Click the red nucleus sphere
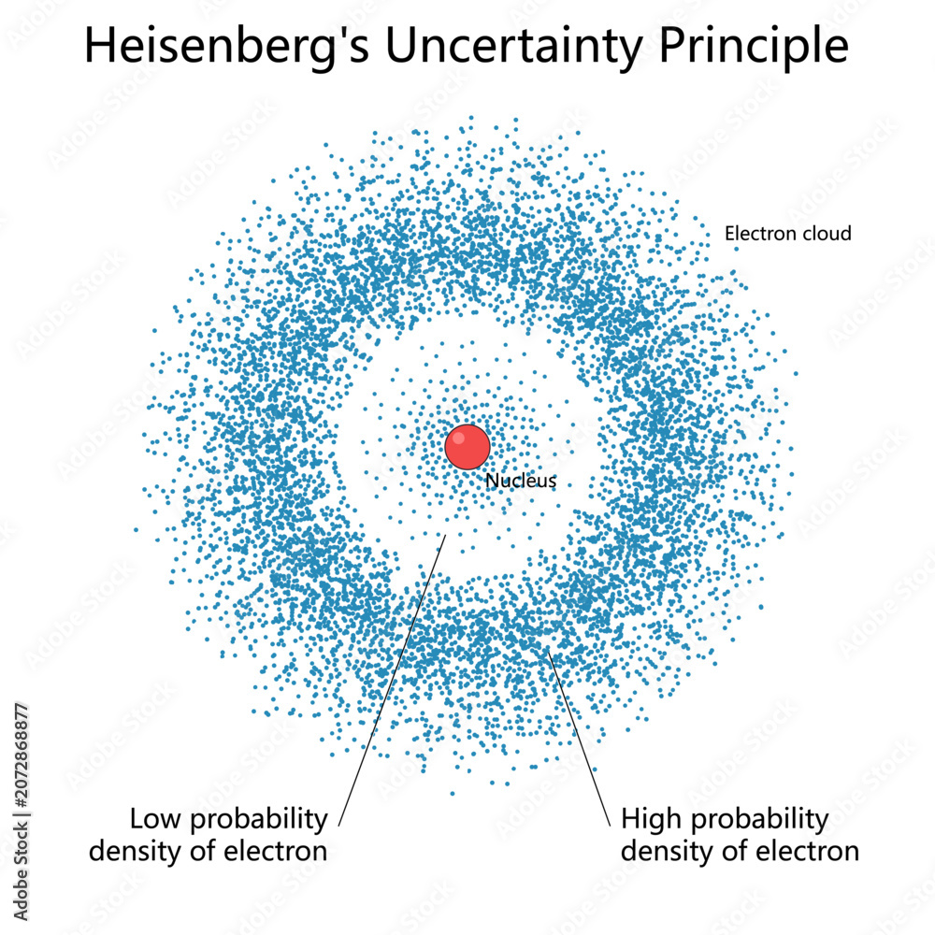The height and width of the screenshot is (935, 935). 467,447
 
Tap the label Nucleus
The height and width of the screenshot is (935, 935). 521,481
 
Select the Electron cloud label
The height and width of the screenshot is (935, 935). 787,233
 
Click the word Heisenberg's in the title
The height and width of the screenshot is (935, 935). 227,47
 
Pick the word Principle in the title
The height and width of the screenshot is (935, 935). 754,47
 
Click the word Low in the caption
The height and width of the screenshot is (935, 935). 154,819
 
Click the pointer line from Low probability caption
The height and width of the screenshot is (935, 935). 393,681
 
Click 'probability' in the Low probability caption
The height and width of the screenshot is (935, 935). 259,820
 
